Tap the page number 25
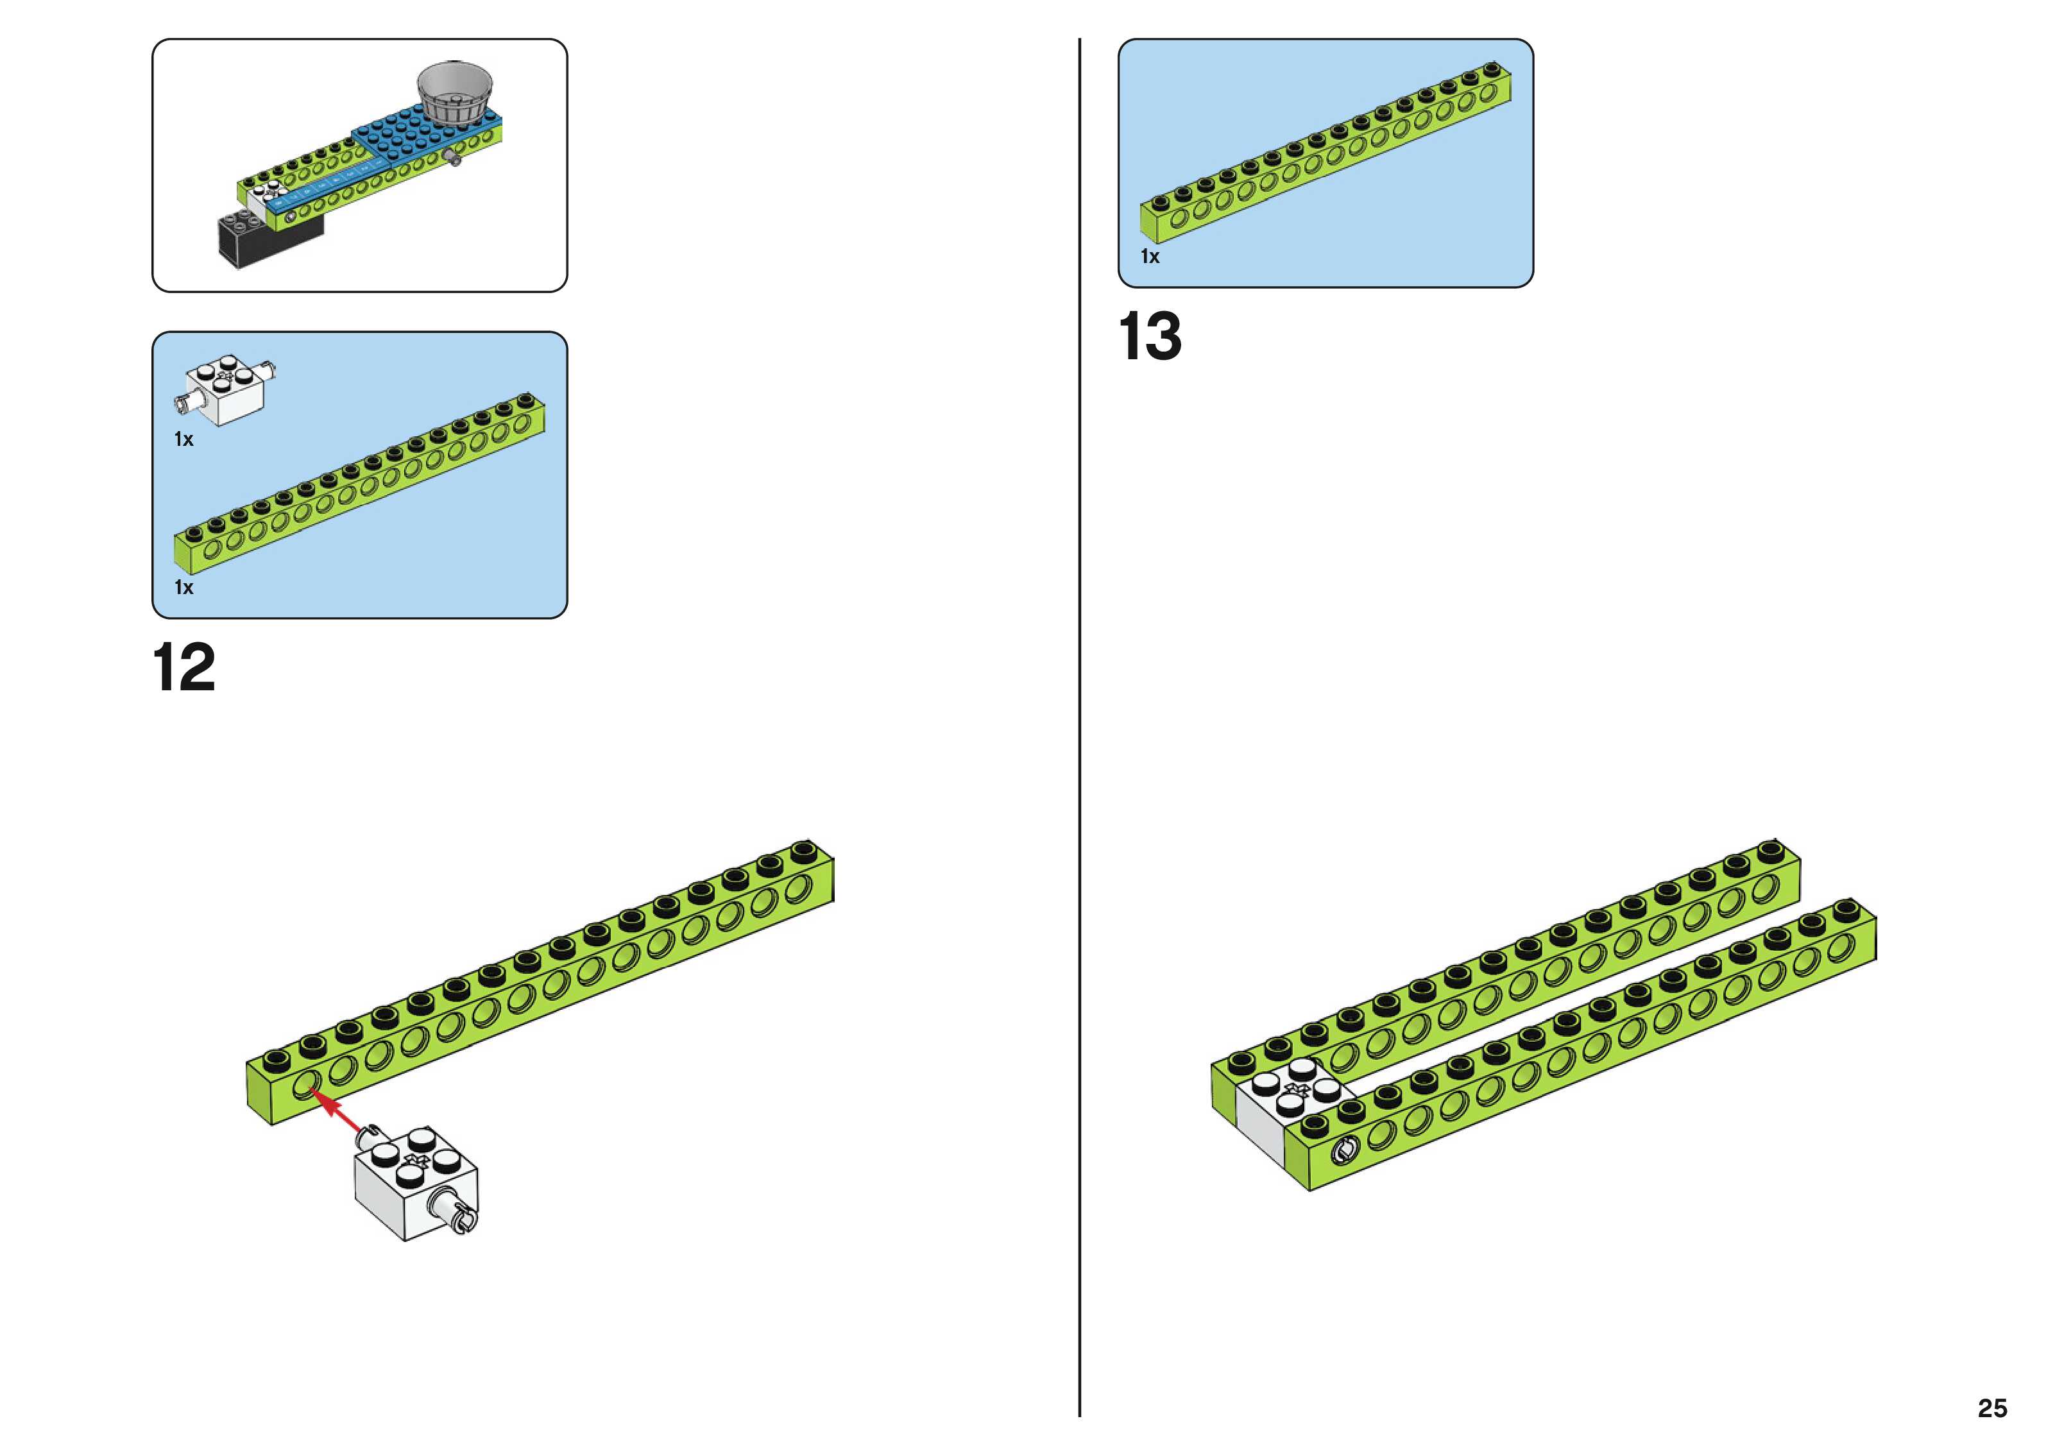pyautogui.click(x=1991, y=1408)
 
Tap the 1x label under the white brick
pyautogui.click(x=183, y=439)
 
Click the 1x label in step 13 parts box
pyautogui.click(x=1149, y=257)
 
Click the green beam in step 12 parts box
pyautogui.click(x=358, y=484)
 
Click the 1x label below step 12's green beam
pyautogui.click(x=183, y=588)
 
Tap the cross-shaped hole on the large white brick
pyautogui.click(x=414, y=1162)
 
